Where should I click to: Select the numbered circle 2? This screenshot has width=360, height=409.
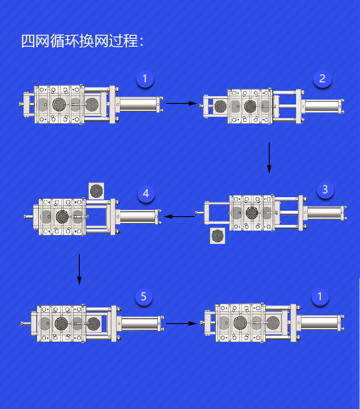(322, 79)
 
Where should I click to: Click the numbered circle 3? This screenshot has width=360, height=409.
(325, 190)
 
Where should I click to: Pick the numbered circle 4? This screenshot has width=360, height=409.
(146, 194)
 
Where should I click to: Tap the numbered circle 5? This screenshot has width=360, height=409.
(144, 297)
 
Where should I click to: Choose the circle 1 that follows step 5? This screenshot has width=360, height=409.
(320, 297)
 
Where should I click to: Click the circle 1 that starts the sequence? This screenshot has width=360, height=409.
(145, 80)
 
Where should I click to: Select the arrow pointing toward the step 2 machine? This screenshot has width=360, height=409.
(181, 103)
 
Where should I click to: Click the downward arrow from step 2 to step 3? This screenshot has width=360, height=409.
(269, 158)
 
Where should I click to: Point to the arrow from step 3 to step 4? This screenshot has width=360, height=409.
(179, 216)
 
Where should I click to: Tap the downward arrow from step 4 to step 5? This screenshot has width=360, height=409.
(79, 269)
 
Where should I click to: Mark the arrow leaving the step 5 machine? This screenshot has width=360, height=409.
(181, 324)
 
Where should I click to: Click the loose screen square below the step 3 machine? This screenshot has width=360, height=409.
(218, 236)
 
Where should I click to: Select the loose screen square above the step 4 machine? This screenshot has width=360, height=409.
(96, 190)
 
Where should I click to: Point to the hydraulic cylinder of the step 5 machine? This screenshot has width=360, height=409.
(140, 324)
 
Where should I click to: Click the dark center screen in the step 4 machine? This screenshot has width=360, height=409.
(62, 216)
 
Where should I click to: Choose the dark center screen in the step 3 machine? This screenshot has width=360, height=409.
(252, 213)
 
